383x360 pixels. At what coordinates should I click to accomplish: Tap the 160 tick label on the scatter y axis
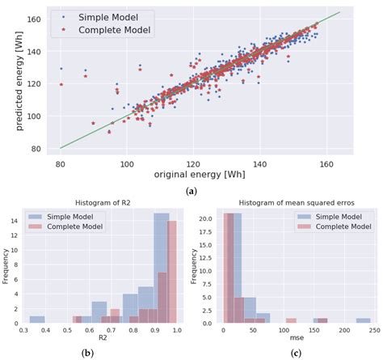pyautogui.click(x=44, y=17)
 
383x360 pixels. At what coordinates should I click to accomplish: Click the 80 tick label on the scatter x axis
pyautogui.click(x=61, y=162)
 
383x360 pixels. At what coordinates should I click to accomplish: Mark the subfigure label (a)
pyautogui.click(x=191, y=191)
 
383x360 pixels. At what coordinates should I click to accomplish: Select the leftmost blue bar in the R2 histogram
pyautogui.click(x=37, y=318)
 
